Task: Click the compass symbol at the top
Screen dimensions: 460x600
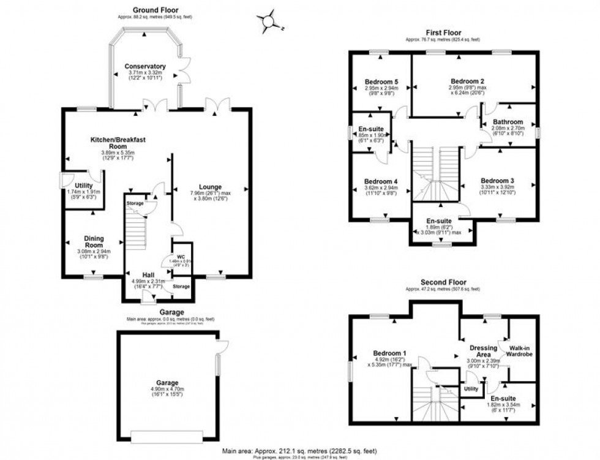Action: pyautogui.click(x=268, y=22)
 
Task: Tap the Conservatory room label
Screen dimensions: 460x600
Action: pyautogui.click(x=144, y=66)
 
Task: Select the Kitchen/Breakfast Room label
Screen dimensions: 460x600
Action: pyautogui.click(x=118, y=143)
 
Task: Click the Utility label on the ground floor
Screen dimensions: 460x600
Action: pyautogui.click(x=83, y=185)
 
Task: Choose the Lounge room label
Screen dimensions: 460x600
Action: pyautogui.click(x=209, y=187)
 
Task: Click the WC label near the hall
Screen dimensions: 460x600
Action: pyautogui.click(x=181, y=255)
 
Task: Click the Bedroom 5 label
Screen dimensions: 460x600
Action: pyautogui.click(x=381, y=81)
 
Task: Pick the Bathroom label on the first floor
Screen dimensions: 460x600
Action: pyautogui.click(x=508, y=122)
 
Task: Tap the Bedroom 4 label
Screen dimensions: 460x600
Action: pyautogui.click(x=381, y=181)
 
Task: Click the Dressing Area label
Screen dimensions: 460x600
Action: pyautogui.click(x=483, y=352)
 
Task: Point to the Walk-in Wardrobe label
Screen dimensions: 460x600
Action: pyautogui.click(x=520, y=350)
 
